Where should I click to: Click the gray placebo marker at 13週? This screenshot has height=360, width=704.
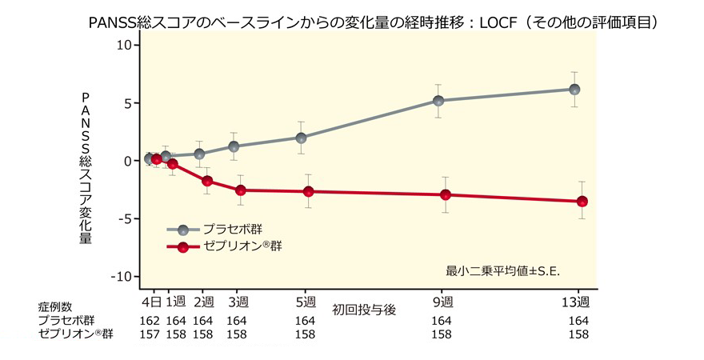click(x=574, y=90)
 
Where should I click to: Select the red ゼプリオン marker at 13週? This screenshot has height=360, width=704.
click(x=582, y=202)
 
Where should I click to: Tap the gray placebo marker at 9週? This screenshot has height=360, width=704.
click(x=438, y=101)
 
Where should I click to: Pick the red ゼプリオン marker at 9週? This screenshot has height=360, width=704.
click(x=446, y=194)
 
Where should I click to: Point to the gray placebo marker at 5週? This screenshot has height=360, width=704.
click(x=301, y=138)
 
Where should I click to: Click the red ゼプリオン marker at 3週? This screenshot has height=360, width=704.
click(x=239, y=190)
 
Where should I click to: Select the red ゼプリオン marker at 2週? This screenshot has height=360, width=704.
click(x=206, y=181)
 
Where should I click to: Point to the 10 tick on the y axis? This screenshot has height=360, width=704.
click(x=122, y=45)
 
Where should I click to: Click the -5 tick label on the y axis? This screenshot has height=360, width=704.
click(x=122, y=218)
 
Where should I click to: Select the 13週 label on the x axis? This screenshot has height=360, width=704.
click(x=576, y=302)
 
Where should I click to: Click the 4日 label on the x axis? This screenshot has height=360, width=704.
click(x=152, y=302)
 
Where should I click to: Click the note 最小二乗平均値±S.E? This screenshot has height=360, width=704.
click(x=502, y=270)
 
